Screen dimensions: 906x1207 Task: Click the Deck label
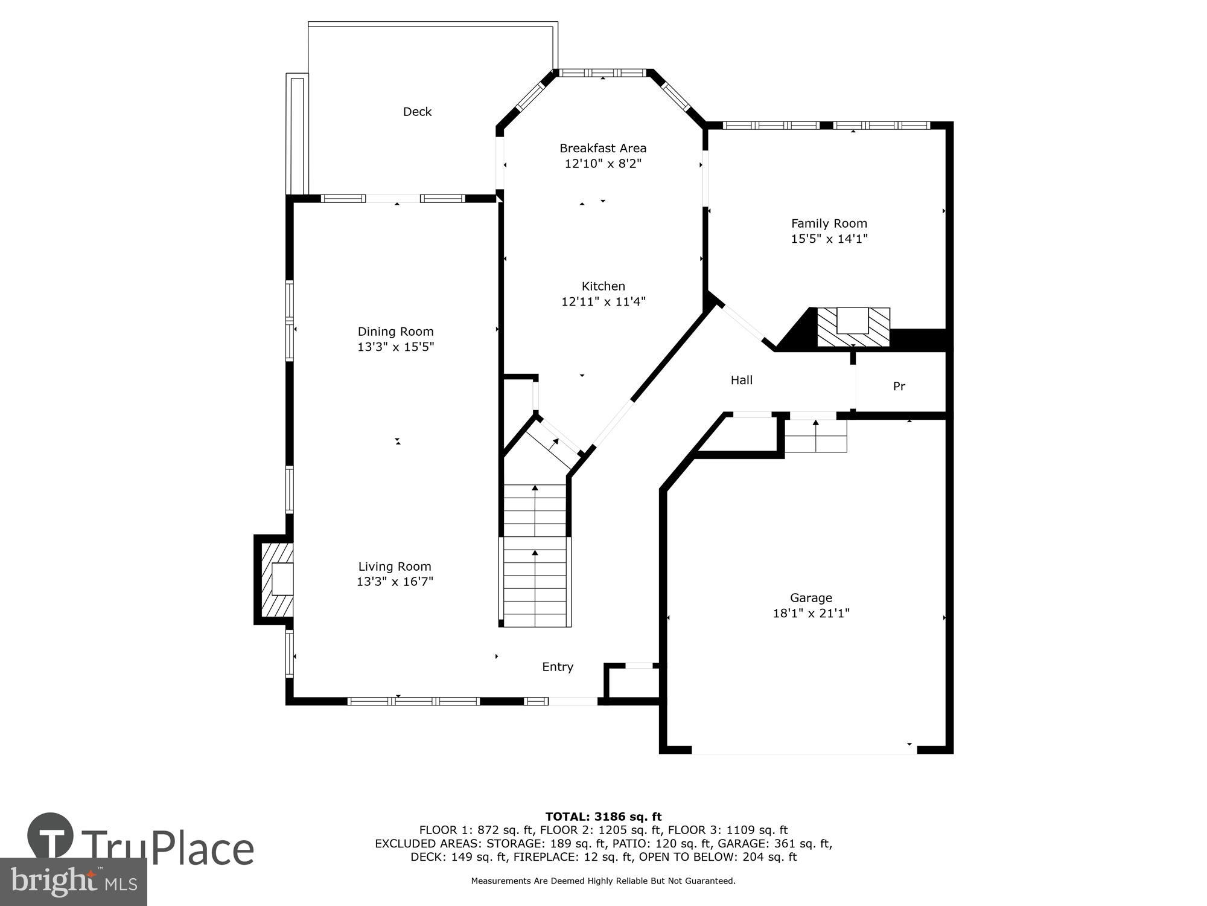[417, 112]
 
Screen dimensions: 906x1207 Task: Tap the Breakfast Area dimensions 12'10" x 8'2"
[602, 164]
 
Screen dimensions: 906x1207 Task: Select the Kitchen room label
[603, 286]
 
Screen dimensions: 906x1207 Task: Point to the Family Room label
[829, 223]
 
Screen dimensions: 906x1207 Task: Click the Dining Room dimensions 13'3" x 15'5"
[395, 347]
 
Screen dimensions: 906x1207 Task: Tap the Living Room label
[395, 567]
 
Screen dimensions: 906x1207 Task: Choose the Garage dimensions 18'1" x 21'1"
[811, 613]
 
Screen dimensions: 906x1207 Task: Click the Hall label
[741, 380]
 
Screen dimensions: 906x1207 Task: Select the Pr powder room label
[899, 386]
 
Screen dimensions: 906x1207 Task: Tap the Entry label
[557, 667]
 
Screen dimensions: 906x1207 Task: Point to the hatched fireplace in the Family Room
[853, 327]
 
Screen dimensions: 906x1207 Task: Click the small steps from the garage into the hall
[815, 435]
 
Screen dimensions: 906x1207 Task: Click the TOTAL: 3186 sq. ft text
[603, 817]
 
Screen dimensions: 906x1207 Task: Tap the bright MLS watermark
[74, 882]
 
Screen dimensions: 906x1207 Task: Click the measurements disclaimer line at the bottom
[603, 881]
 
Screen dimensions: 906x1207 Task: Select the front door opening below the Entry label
[573, 701]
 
